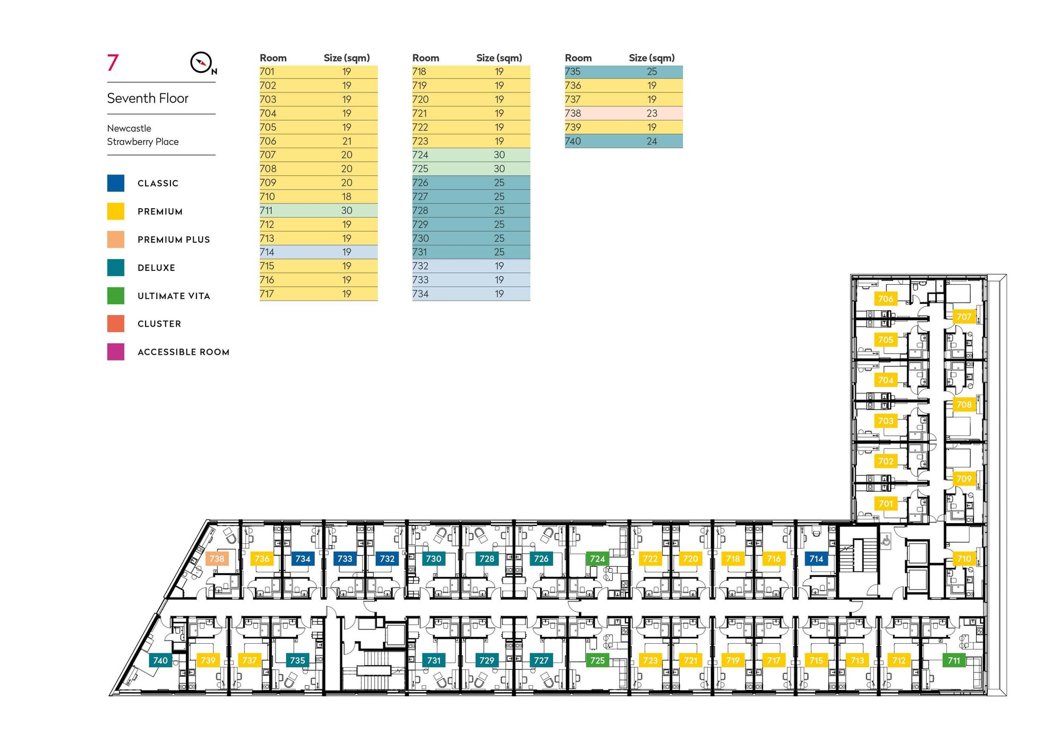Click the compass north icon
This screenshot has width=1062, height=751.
tap(202, 63)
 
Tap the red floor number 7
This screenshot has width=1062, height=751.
tap(113, 63)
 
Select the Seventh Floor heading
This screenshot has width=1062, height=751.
tap(148, 98)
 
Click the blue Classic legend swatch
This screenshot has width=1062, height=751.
tap(116, 183)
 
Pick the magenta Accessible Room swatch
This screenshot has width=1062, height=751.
tap(116, 352)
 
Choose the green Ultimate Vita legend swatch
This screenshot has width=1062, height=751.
tap(116, 296)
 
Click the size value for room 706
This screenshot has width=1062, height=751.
tap(347, 141)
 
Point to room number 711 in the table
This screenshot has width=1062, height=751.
tap(267, 210)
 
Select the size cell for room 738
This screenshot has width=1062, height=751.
tap(652, 113)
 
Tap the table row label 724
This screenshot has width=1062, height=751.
tap(420, 155)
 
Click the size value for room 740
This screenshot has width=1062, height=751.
tap(652, 141)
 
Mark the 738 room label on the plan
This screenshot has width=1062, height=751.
tap(217, 558)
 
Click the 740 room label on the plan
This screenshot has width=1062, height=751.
tap(160, 660)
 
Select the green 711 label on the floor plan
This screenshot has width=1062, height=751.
tap(954, 660)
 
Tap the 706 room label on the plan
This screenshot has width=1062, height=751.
tap(886, 299)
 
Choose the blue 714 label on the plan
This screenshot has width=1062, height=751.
tap(816, 558)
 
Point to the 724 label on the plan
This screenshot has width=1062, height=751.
tap(597, 558)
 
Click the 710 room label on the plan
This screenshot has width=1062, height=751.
tap(964, 558)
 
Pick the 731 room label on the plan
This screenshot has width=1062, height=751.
tap(434, 660)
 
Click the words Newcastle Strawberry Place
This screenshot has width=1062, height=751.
tap(143, 135)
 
